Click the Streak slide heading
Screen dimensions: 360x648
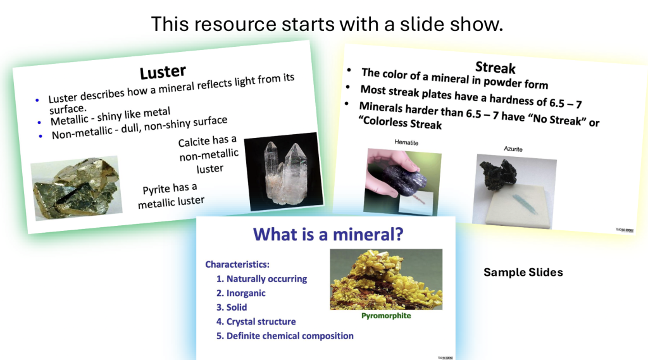[495, 67]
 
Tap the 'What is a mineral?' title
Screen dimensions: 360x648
[328, 235]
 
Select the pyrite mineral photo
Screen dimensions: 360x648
[76, 188]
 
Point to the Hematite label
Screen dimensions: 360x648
[406, 143]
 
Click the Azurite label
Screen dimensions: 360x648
[513, 149]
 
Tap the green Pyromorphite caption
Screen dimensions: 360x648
[385, 315]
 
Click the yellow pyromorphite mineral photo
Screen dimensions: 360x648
[385, 279]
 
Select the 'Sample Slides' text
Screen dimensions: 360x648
[523, 272]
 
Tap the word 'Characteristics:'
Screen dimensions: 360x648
[238, 264]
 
